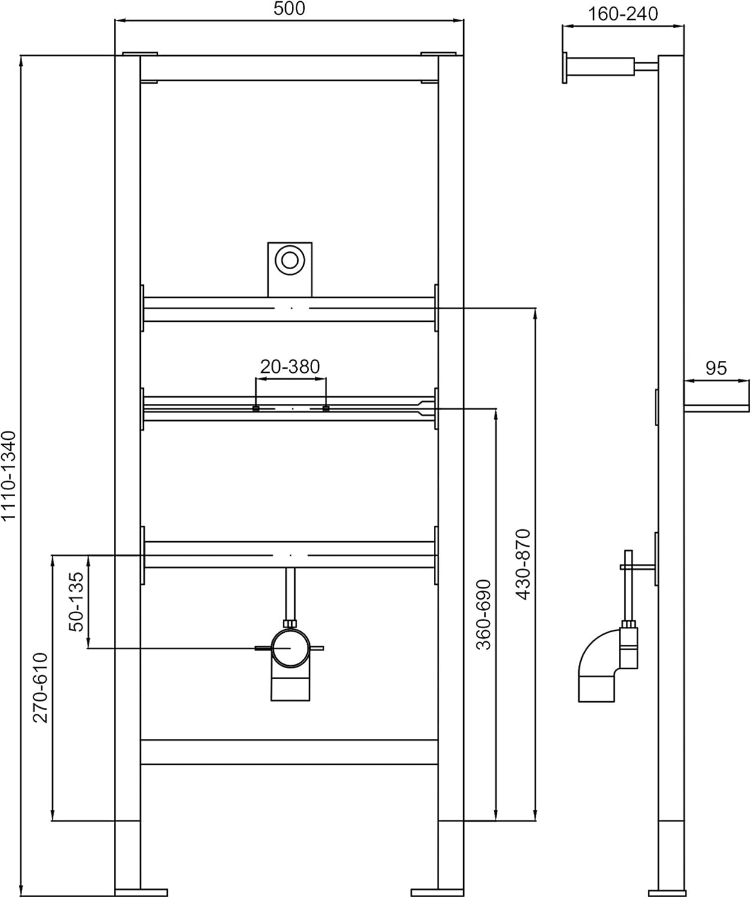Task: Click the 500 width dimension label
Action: pos(289,8)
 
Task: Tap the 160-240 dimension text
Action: pos(623,14)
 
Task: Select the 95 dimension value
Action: pos(716,368)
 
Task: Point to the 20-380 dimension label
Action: pos(289,367)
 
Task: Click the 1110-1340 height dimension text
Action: pos(8,476)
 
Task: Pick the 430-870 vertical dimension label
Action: pos(523,565)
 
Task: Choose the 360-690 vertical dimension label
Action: pos(484,615)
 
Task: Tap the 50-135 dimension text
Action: pos(76,602)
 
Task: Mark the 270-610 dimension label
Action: pos(41,687)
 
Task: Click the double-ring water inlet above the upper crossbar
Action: pos(289,260)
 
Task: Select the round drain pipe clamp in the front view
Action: pos(290,648)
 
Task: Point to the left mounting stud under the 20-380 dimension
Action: pos(256,408)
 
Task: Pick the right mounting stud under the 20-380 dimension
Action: pos(326,408)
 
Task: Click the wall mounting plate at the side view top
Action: pos(564,68)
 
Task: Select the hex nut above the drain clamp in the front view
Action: pos(289,623)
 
